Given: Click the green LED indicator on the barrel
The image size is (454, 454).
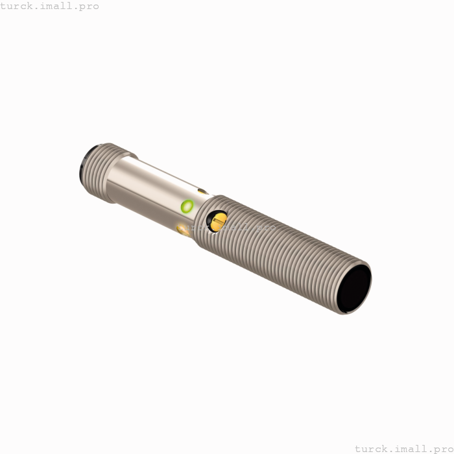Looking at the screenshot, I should click(187, 207).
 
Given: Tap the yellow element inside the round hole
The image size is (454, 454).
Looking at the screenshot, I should click(217, 222).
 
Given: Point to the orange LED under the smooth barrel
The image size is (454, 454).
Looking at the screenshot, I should click(182, 228).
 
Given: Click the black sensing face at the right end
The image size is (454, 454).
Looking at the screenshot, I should click(352, 290).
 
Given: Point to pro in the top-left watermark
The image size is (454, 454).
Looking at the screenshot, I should click(88, 6).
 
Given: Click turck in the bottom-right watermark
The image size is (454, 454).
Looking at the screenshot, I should click(372, 448).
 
